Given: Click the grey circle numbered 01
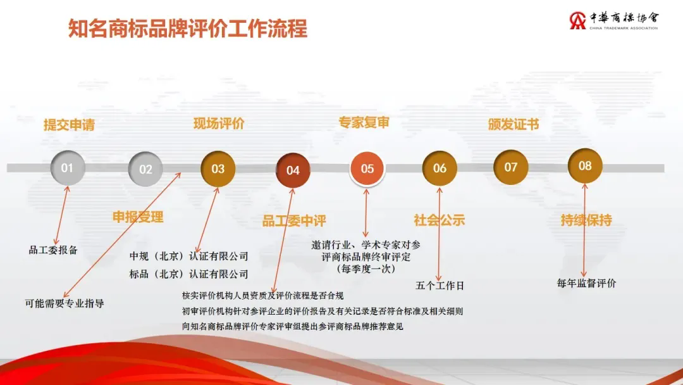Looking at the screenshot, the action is click(67, 168).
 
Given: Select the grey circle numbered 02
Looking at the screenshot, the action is click(145, 169).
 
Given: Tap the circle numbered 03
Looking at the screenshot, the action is click(218, 168).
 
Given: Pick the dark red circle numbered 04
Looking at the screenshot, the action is click(293, 170).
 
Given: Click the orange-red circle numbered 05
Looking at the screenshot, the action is click(367, 168).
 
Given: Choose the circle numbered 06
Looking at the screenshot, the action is click(440, 168).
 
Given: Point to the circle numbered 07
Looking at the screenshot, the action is click(510, 167).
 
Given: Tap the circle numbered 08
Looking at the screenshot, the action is click(585, 166).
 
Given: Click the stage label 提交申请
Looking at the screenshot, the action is click(70, 125).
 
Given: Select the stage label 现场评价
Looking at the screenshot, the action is click(219, 123).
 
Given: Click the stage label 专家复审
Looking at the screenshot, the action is click(364, 122).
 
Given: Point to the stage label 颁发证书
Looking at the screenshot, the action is click(514, 124).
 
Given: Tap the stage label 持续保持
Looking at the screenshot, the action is click(586, 220).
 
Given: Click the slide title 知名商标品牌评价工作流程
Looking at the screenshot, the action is click(188, 28).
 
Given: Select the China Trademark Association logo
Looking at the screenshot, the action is click(613, 20).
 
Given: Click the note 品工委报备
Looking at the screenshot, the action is click(53, 250).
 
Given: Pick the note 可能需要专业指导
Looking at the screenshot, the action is click(65, 303).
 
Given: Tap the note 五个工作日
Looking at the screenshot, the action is click(440, 286).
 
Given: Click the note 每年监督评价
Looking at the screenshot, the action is click(586, 284).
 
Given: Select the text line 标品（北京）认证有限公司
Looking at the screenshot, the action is click(188, 274).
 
